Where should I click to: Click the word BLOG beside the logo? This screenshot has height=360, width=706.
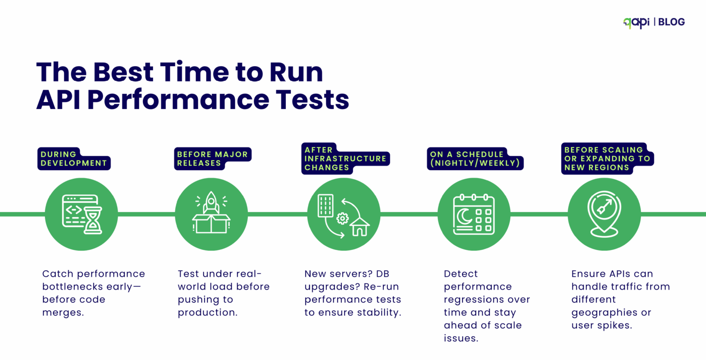tap(671, 22)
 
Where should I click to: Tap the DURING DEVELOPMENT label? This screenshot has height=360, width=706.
tap(74, 159)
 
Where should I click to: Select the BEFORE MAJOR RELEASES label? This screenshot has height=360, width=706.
tap(213, 159)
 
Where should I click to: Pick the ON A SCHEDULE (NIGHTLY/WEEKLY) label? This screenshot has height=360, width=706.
tap(474, 159)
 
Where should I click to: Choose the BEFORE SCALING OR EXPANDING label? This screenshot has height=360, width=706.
tap(607, 159)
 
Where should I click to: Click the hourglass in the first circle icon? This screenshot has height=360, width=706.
tap(93, 220)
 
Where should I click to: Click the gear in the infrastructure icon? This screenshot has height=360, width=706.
tap(342, 218)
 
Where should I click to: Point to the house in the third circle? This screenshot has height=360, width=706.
tap(359, 227)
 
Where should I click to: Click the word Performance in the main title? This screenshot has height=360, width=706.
tap(178, 99)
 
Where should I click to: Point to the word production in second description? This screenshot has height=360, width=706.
tap(207, 313)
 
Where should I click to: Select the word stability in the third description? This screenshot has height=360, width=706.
tap(379, 313)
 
